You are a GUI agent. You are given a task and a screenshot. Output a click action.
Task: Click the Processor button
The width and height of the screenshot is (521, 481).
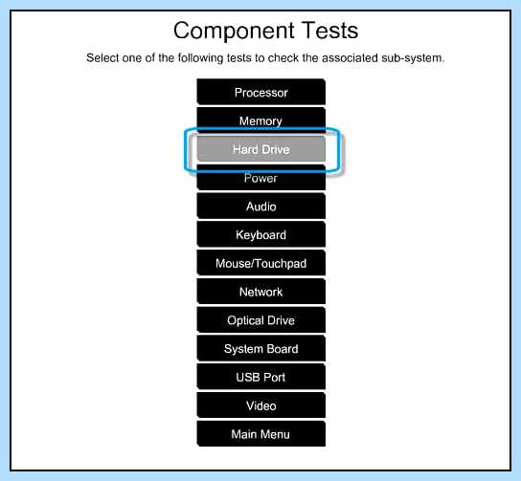click(260, 92)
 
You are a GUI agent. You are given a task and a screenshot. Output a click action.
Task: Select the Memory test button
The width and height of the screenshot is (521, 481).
click(260, 120)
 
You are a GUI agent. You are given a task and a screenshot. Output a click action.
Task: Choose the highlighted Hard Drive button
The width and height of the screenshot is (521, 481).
click(260, 149)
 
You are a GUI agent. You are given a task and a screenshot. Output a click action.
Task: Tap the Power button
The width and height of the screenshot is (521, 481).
click(260, 178)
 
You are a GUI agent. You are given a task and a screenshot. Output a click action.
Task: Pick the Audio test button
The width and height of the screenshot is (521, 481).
click(260, 206)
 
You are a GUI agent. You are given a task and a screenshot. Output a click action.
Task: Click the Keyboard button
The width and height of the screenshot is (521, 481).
click(260, 234)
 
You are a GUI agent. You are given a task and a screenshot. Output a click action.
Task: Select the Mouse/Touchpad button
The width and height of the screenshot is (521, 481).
click(260, 263)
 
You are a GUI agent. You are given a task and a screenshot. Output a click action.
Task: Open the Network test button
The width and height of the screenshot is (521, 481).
click(260, 292)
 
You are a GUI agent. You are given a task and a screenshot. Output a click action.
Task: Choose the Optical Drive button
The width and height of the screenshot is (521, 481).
click(260, 320)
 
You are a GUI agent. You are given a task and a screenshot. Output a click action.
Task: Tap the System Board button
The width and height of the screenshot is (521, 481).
click(260, 349)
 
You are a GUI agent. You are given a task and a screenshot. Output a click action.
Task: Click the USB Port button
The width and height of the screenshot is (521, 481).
click(260, 377)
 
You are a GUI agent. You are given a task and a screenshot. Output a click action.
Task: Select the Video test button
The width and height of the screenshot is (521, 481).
click(260, 405)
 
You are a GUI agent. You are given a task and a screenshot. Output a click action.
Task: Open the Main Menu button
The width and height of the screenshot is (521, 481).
click(260, 434)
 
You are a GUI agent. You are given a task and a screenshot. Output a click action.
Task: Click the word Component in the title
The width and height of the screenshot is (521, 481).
click(234, 32)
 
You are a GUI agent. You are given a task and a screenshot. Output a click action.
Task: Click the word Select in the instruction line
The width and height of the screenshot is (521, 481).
click(102, 57)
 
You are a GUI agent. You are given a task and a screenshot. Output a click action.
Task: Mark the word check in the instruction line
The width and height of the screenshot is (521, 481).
click(283, 57)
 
